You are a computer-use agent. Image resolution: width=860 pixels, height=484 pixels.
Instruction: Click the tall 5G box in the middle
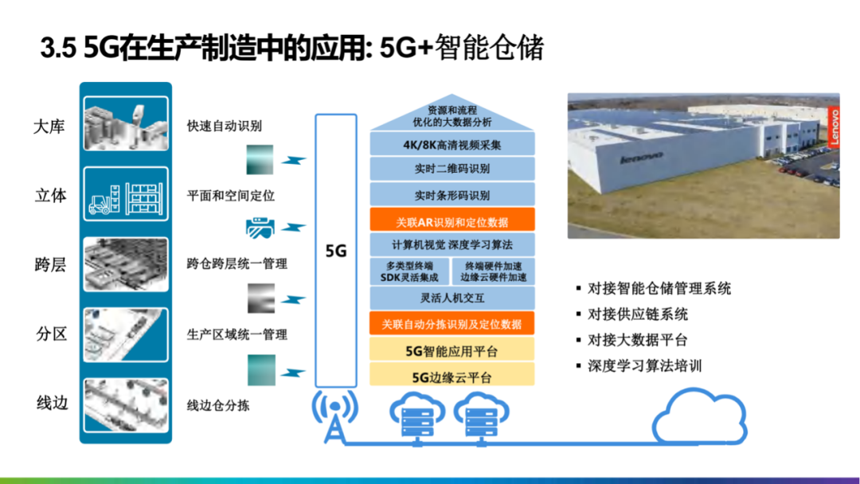[336, 251]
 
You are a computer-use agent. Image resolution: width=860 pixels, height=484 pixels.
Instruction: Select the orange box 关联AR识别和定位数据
[451, 221]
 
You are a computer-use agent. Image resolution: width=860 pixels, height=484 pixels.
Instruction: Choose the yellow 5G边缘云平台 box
[451, 376]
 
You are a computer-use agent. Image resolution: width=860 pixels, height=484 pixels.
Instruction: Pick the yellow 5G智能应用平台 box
[451, 350]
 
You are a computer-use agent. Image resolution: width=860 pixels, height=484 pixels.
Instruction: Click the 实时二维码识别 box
[451, 169]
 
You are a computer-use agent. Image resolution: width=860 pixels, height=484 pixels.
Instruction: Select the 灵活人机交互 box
[451, 299]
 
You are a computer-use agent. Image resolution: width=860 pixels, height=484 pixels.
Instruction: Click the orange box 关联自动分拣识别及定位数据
[451, 324]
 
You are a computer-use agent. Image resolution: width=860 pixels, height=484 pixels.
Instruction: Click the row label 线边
[53, 402]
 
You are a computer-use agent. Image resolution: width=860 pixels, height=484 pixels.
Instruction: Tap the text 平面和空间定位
[230, 196]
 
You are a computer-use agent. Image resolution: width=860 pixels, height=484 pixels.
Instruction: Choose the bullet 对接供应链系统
[637, 314]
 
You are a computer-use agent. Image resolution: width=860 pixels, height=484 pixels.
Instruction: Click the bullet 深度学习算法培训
[644, 365]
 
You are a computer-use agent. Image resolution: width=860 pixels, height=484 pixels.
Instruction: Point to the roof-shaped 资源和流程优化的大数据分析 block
[451, 116]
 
